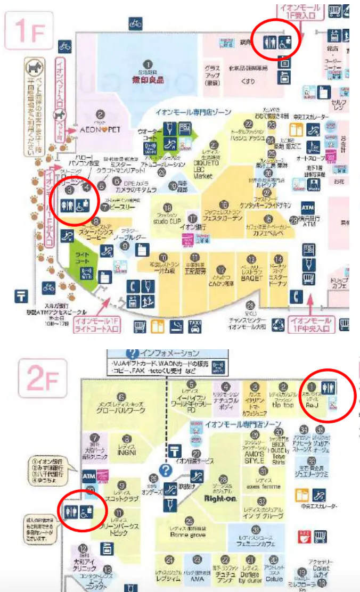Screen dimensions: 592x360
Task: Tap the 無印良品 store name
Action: (149, 80)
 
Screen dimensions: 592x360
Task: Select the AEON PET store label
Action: (100, 129)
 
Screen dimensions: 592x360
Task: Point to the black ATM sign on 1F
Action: (307, 206)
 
